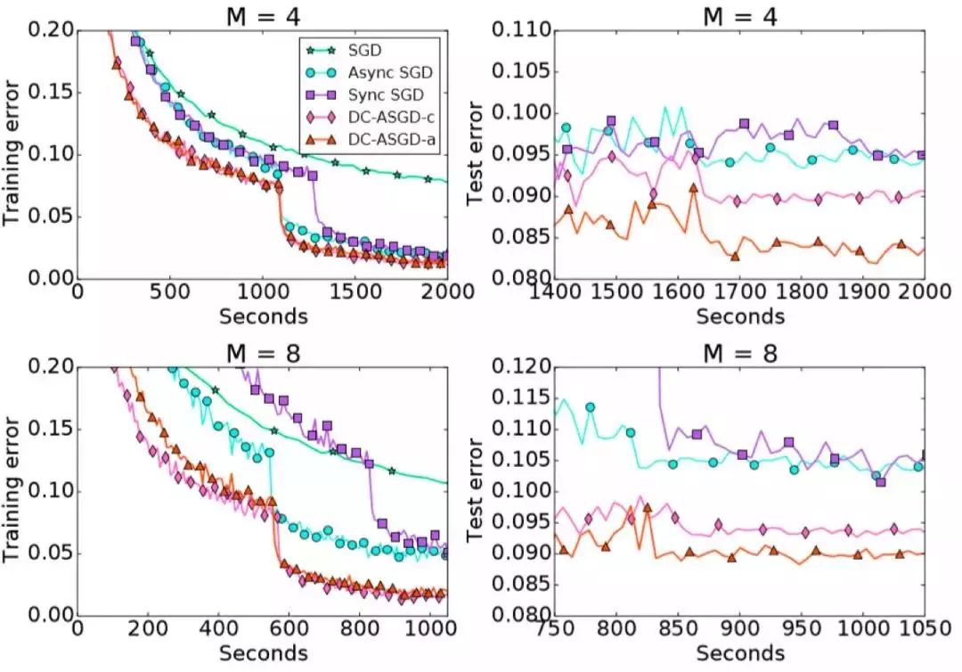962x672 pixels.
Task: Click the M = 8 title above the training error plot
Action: tap(262, 352)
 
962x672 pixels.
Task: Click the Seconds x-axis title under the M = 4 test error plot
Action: tap(739, 316)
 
